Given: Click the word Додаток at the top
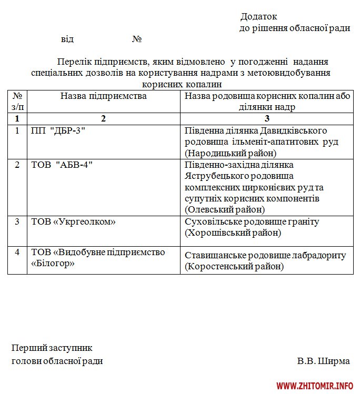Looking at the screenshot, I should (x=258, y=17).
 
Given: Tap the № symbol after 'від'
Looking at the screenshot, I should (x=137, y=39).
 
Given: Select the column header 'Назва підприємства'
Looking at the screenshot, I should (x=103, y=96).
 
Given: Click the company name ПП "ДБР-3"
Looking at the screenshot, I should (x=58, y=130).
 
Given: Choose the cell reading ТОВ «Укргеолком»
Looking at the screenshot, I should (x=73, y=222).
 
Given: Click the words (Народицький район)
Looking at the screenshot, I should (x=231, y=153).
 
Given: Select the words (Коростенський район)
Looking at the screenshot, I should (x=234, y=267).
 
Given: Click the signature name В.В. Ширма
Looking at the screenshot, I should (x=323, y=361).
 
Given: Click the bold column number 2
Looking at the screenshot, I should (x=103, y=118).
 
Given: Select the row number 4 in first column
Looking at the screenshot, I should (x=17, y=252).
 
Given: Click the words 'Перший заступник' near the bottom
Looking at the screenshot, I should (x=52, y=348).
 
